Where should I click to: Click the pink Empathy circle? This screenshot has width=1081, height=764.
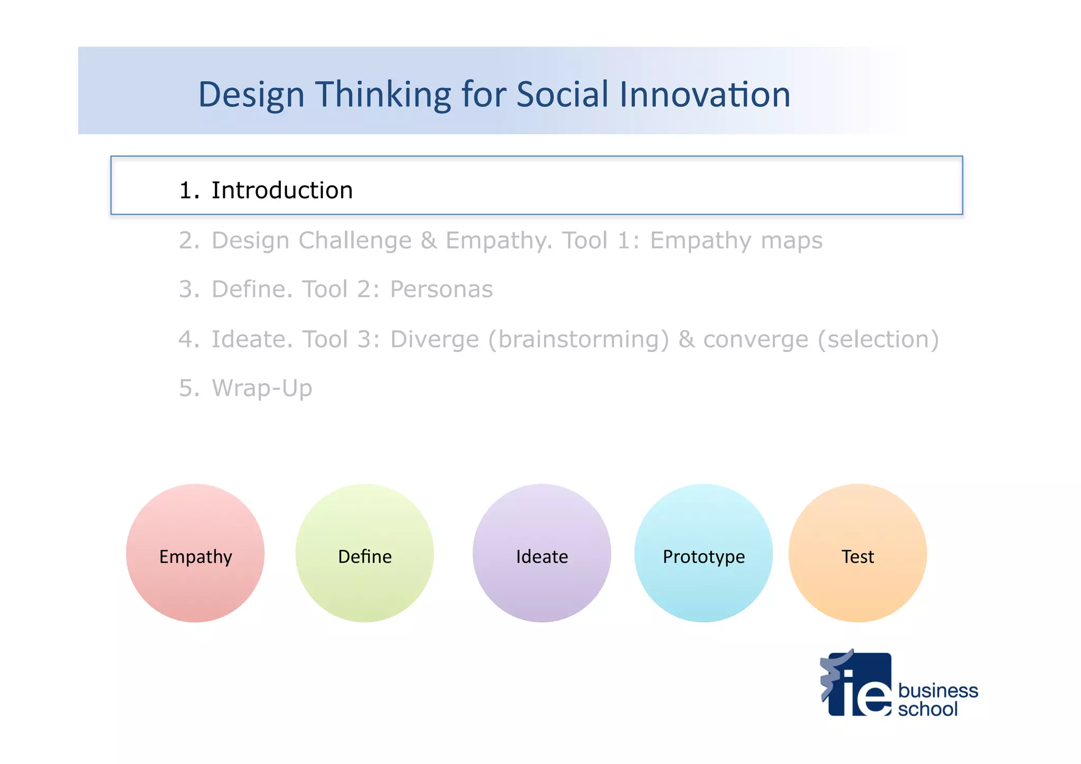195,553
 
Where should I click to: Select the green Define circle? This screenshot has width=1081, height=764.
365,553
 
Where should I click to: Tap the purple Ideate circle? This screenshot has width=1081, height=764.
542,553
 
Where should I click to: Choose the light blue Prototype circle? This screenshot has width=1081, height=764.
704,553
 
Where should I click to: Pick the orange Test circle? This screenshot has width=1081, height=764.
857,553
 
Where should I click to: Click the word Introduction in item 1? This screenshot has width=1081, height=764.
282,190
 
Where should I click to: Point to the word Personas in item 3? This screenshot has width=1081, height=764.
441,289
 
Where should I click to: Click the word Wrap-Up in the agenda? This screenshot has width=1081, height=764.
262,388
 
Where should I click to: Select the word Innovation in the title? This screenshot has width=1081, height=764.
705,95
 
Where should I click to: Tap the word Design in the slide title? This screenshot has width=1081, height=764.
251,95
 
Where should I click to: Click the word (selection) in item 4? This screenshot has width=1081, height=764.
878,339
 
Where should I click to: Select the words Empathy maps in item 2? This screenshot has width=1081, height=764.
736,241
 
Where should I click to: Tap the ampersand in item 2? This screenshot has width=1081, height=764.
429,241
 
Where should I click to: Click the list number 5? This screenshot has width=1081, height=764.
188,388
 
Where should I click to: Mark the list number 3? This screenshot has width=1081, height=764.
188,289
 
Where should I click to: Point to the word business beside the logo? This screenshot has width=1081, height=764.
938,690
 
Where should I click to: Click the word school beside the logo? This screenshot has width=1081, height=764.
927,709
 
